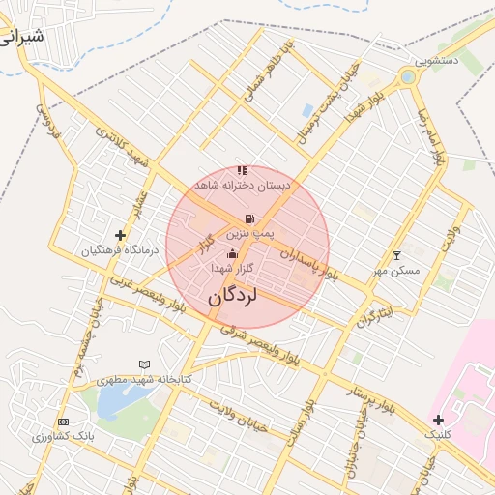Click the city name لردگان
(231, 296)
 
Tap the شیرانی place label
(22, 39)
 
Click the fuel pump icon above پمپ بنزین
(250, 219)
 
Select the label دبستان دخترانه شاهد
(242, 184)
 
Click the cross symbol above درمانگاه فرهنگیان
(120, 235)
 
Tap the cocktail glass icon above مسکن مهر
(396, 255)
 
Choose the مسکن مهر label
(397, 271)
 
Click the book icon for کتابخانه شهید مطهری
(145, 364)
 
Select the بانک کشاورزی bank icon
(64, 422)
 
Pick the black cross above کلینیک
(439, 420)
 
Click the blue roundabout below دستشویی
(408, 75)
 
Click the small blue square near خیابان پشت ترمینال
(307, 110)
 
